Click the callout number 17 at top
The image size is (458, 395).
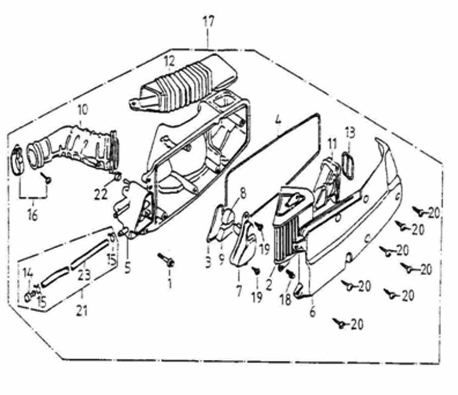coord(209,22)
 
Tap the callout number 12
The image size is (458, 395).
coord(169,61)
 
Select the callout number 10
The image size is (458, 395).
coord(82,110)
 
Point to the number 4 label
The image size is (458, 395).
coord(277,121)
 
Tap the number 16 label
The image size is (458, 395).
coord(33,215)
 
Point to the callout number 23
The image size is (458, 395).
coord(84,276)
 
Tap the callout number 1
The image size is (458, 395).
coord(170,283)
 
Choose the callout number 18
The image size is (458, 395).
coord(285,300)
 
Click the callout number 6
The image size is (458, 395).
coord(312,311)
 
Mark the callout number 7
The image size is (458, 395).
coord(239,293)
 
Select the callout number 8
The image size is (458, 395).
coord(242,193)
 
